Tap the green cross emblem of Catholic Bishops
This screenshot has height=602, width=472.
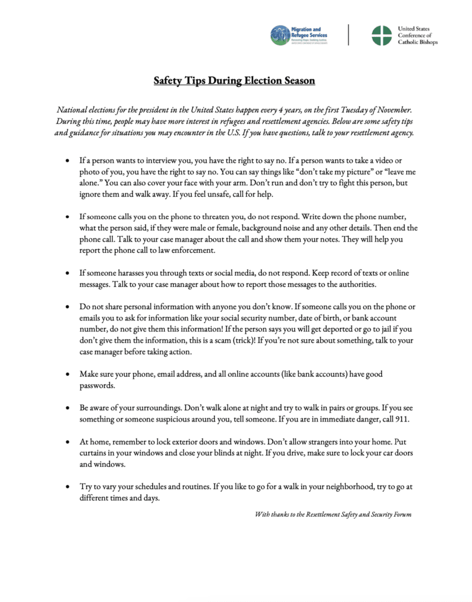pyautogui.click(x=382, y=35)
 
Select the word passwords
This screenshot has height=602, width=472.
pyautogui.click(x=95, y=386)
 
